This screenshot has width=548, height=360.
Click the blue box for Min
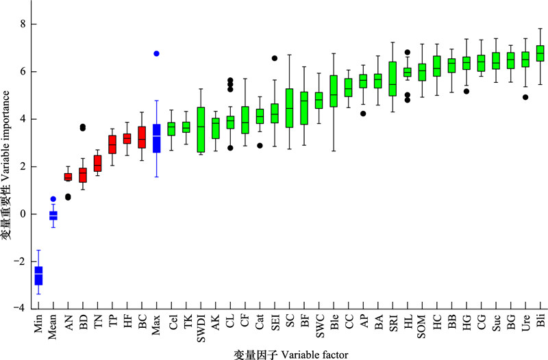[x=38, y=274]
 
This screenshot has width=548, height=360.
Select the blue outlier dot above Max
[x=156, y=53]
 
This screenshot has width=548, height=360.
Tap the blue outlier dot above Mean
[x=53, y=199]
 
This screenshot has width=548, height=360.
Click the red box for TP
[x=112, y=144]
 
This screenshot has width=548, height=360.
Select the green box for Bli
[x=540, y=53]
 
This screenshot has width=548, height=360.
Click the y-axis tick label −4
[x=21, y=309]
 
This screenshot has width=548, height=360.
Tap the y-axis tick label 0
[x=23, y=214]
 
